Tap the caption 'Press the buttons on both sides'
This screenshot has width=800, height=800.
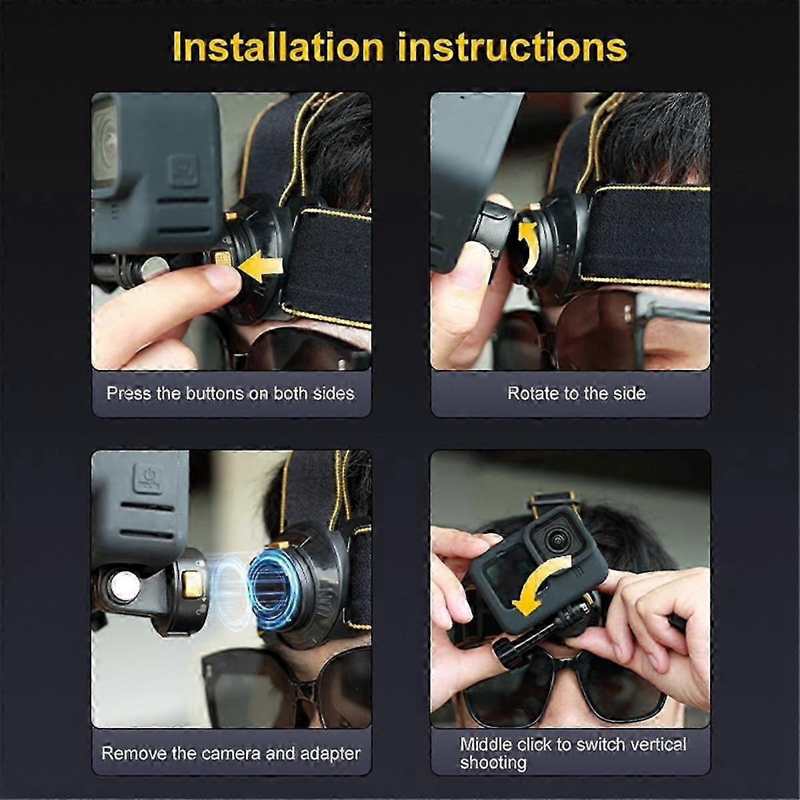coord(231,393)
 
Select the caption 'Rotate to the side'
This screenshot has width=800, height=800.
coord(577,393)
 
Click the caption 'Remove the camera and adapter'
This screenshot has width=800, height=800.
coord(231,753)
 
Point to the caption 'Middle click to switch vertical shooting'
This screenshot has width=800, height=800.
coord(573,753)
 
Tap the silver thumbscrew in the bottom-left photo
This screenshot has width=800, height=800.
coord(125,586)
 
